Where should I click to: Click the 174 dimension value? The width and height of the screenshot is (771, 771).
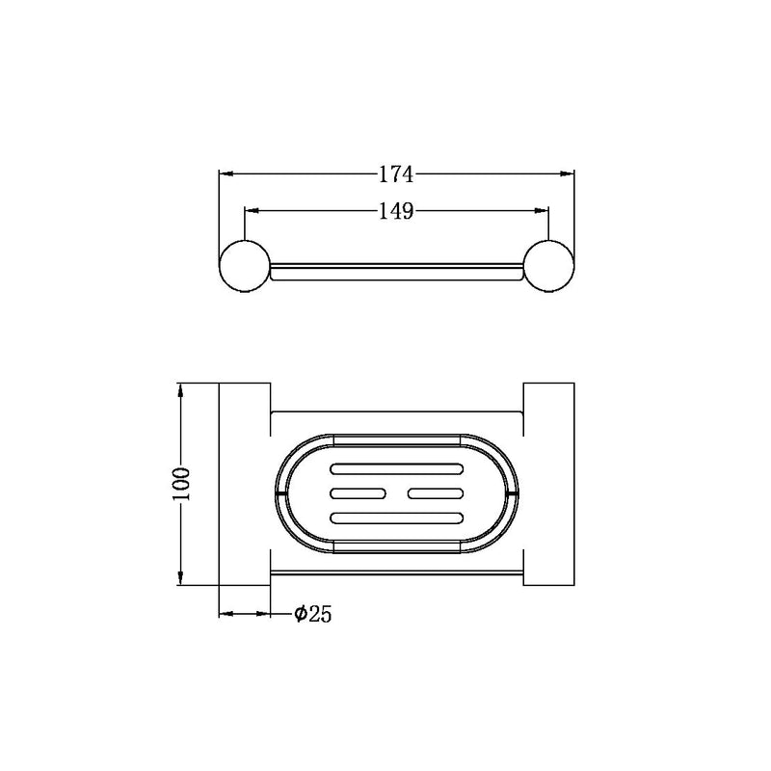click(x=396, y=174)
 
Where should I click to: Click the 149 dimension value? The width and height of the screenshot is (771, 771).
click(x=396, y=211)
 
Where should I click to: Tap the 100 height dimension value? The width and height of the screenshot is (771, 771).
click(x=181, y=485)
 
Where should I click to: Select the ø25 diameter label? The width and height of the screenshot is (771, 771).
click(x=312, y=614)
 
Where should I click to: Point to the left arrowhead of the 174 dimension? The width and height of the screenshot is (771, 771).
click(x=226, y=173)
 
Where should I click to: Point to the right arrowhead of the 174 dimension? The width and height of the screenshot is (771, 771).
click(x=568, y=173)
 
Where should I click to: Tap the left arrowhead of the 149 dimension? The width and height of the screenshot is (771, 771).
click(x=252, y=211)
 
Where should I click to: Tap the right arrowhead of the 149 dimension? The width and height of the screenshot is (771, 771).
click(x=542, y=211)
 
